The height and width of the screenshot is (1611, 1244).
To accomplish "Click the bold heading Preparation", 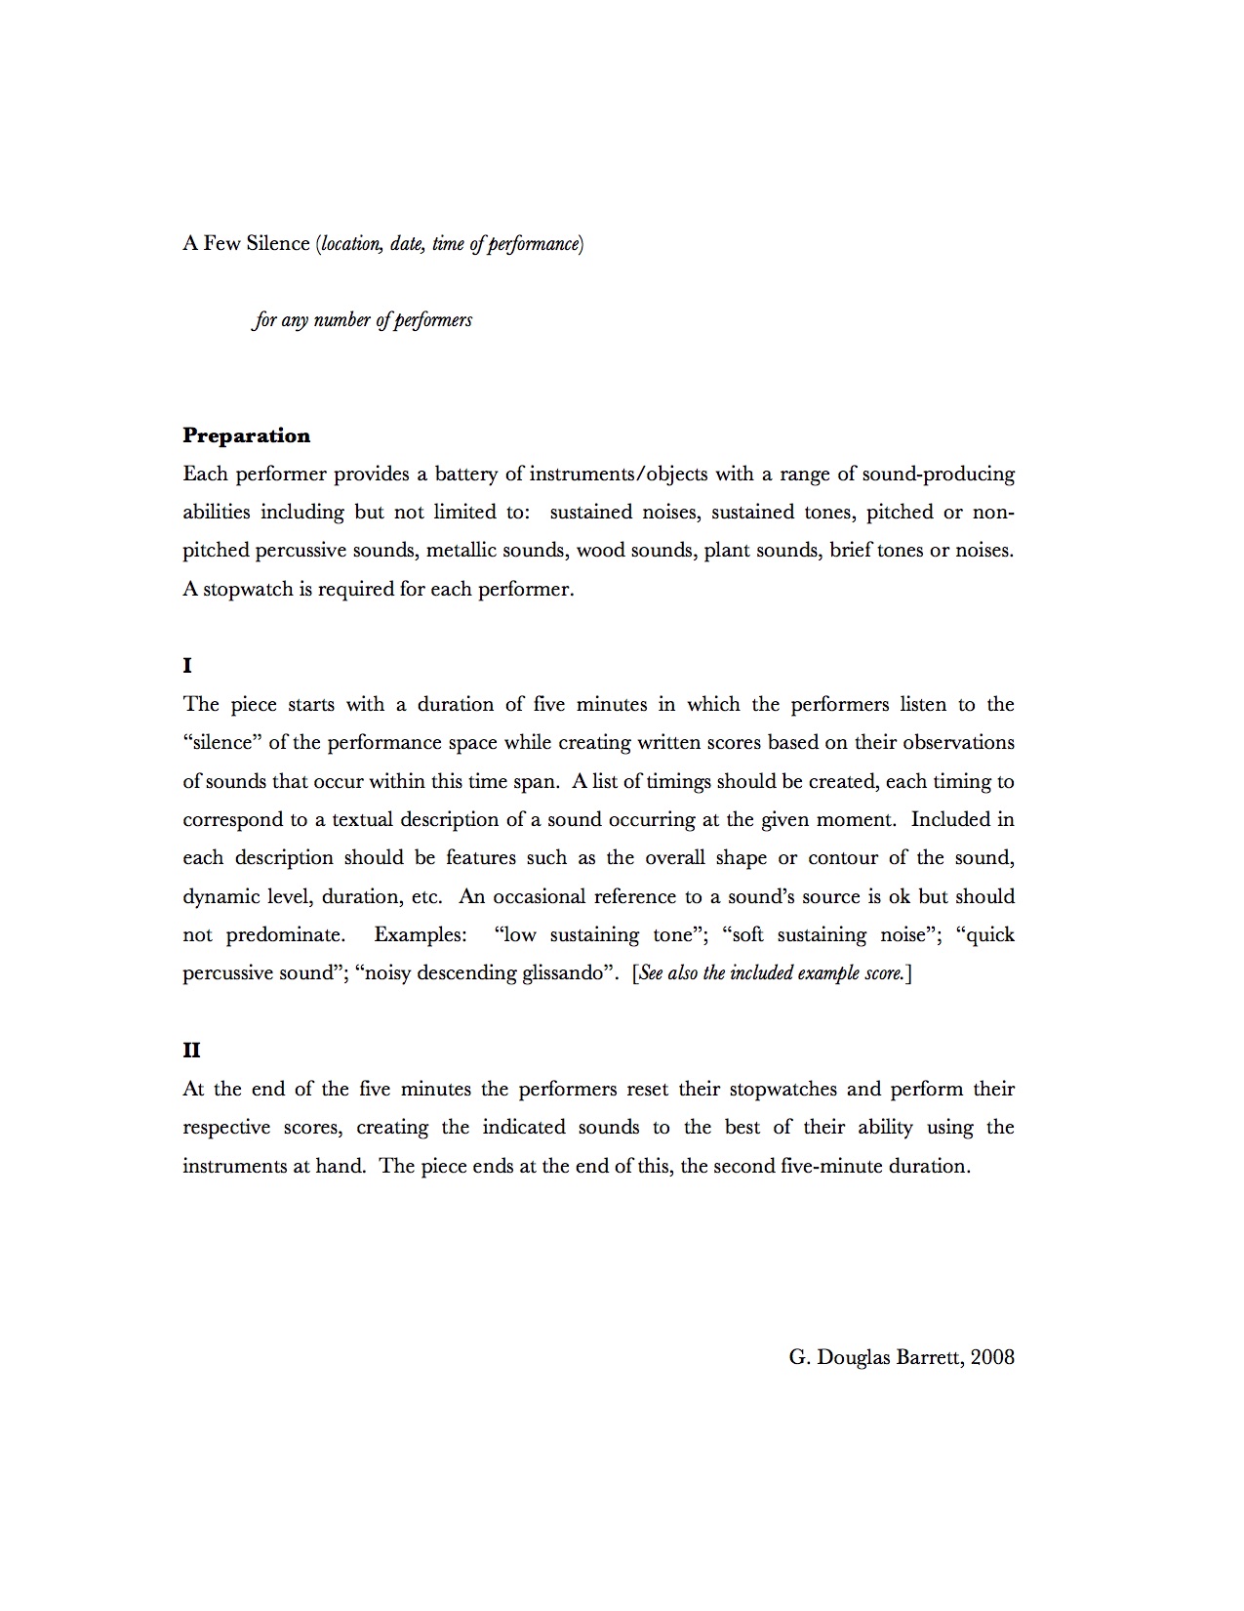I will pos(246,435).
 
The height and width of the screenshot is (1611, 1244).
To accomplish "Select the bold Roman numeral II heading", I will pos(191,1050).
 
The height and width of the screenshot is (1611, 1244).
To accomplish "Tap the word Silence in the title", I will pos(278,243).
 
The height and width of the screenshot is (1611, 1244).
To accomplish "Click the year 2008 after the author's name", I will pos(993,1356).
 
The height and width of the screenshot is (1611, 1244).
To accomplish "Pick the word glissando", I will pos(567,973).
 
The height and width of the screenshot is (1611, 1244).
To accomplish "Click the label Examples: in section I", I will pos(421,934).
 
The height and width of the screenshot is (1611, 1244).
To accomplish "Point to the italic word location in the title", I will pos(352,244).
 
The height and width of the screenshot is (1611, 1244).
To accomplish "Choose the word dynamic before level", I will pos(221,896).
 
